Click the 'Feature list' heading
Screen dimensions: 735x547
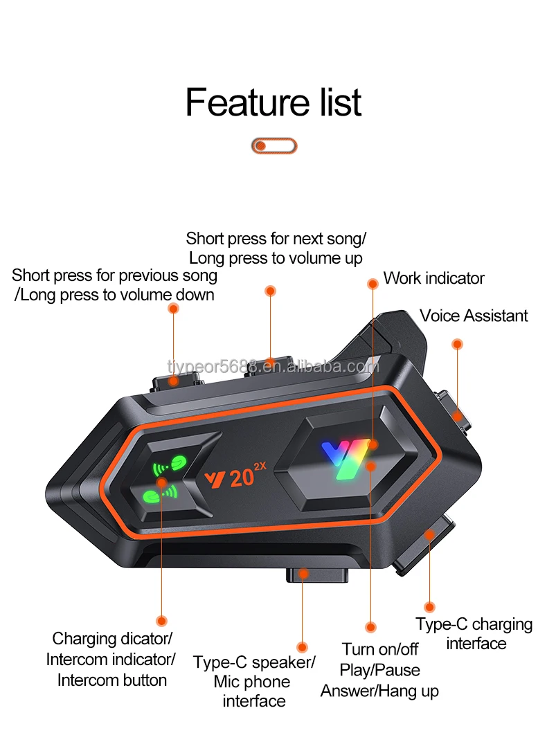pyautogui.click(x=273, y=102)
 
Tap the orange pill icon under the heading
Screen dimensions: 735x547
pyautogui.click(x=273, y=146)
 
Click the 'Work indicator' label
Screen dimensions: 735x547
pyautogui.click(x=433, y=278)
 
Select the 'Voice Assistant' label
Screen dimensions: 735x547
pyautogui.click(x=474, y=316)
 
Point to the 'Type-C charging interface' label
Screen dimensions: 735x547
pyautogui.click(x=474, y=633)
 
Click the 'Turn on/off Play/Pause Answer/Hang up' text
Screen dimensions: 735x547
pyautogui.click(x=379, y=669)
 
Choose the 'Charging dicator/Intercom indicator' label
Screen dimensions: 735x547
pyautogui.click(x=111, y=658)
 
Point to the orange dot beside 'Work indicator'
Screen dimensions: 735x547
pyautogui.click(x=373, y=283)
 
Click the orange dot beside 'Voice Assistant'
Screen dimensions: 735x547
pyautogui.click(x=457, y=344)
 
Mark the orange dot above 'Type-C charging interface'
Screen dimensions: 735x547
pyautogui.click(x=430, y=608)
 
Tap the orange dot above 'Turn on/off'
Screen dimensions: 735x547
pyautogui.click(x=371, y=627)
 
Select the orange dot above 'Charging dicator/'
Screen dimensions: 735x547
pyautogui.click(x=161, y=621)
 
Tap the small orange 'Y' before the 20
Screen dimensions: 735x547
pyautogui.click(x=213, y=478)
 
